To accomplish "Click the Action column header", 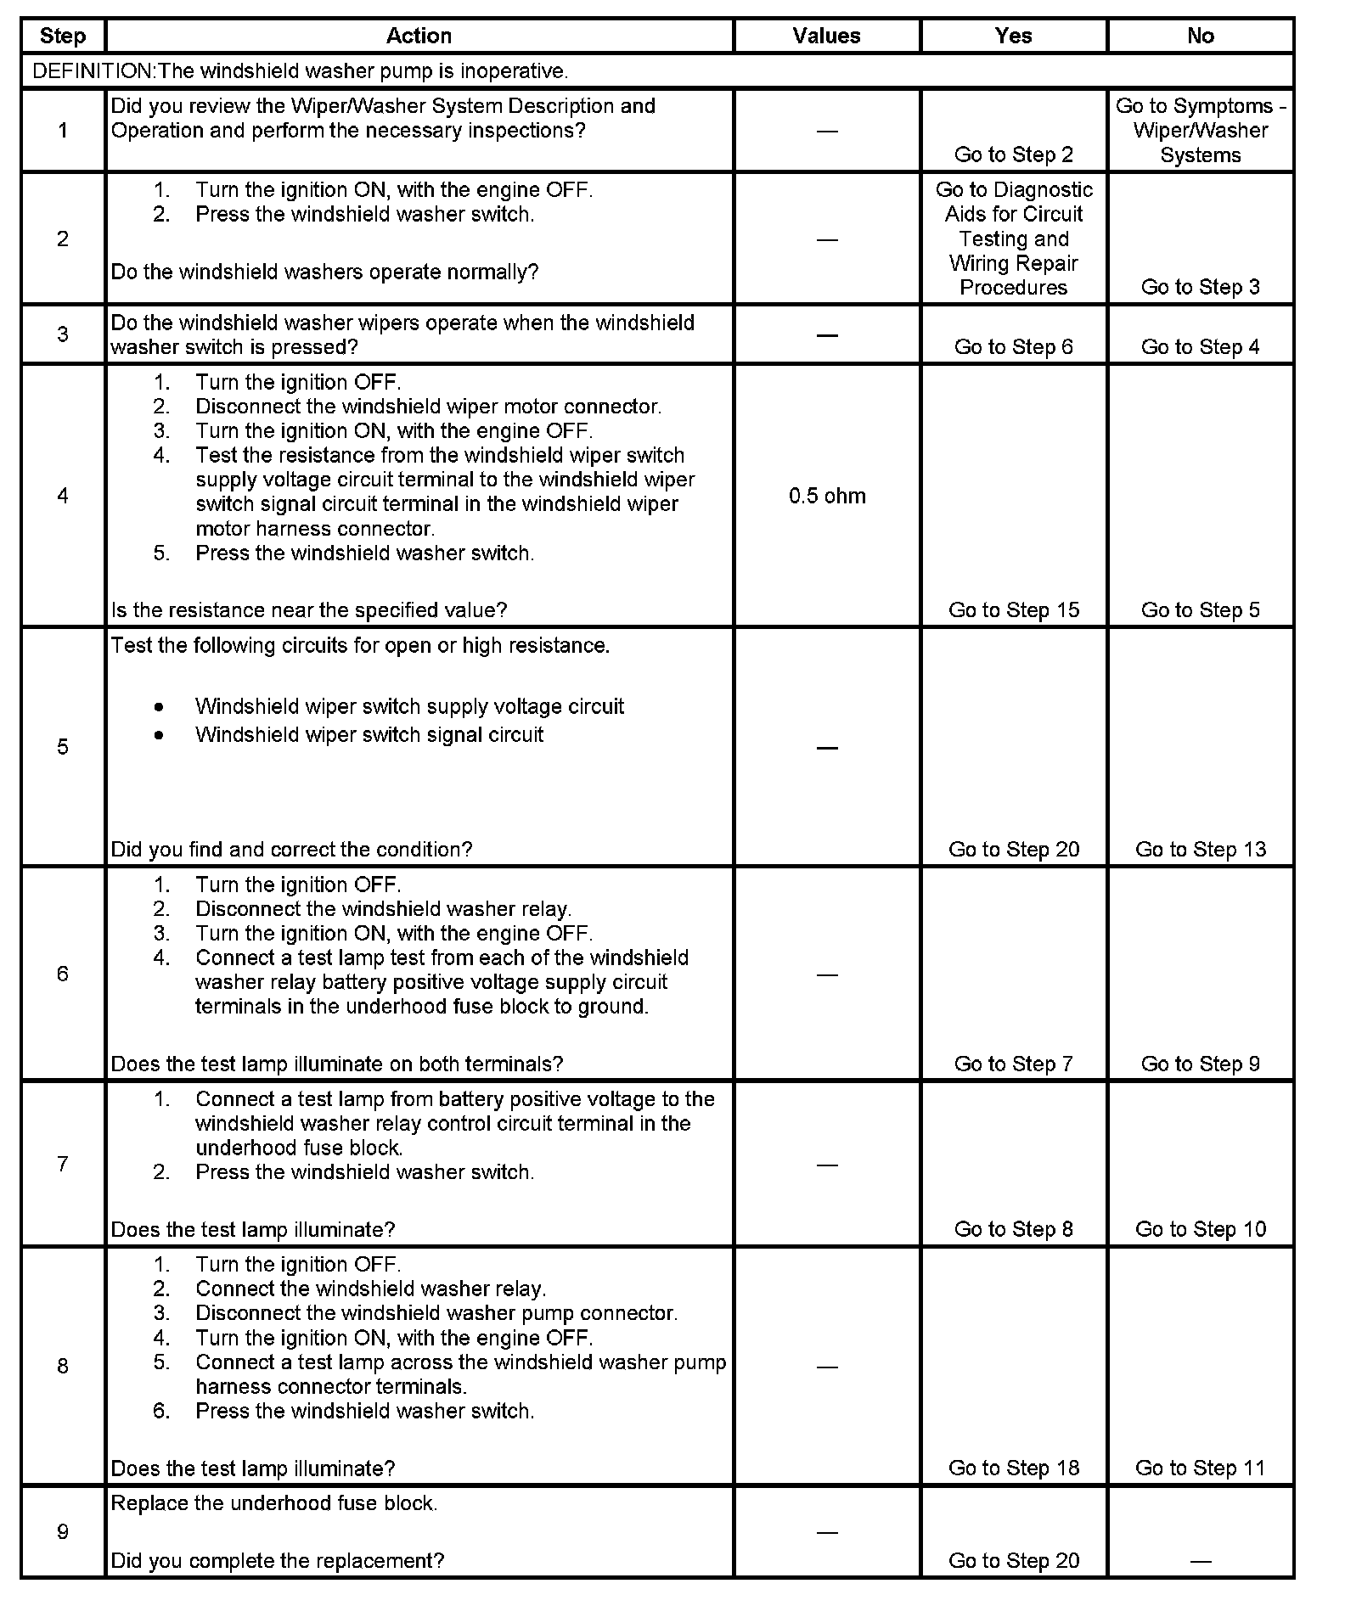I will pyautogui.click(x=419, y=36).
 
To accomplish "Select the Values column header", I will pyautogui.click(x=826, y=36).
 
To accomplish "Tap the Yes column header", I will pyautogui.click(x=1013, y=36).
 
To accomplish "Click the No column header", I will pyautogui.click(x=1200, y=36).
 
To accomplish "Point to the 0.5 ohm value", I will pyautogui.click(x=827, y=496).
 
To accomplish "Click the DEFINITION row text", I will pyautogui.click(x=300, y=71).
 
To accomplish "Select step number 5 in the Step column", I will pyautogui.click(x=63, y=747).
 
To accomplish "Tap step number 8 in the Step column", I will pyautogui.click(x=63, y=1366).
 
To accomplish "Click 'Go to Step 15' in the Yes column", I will pyautogui.click(x=1014, y=609).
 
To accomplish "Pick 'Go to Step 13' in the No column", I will pyautogui.click(x=1200, y=849).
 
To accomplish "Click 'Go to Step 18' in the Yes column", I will pyautogui.click(x=1014, y=1468).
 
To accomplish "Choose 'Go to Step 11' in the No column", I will pyautogui.click(x=1200, y=1468).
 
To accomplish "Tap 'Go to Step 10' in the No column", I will pyautogui.click(x=1200, y=1228).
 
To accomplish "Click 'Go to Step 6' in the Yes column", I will pyautogui.click(x=1014, y=346).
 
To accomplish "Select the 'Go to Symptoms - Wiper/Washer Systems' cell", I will pyautogui.click(x=1200, y=131).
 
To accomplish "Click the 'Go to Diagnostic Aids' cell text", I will pyautogui.click(x=1014, y=239).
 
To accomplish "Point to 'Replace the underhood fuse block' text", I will pyautogui.click(x=274, y=1502).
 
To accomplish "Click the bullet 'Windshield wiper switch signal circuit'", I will pyautogui.click(x=369, y=734).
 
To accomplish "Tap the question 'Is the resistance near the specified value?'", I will pyautogui.click(x=309, y=609).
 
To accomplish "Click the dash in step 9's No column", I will pyautogui.click(x=1200, y=1561).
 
